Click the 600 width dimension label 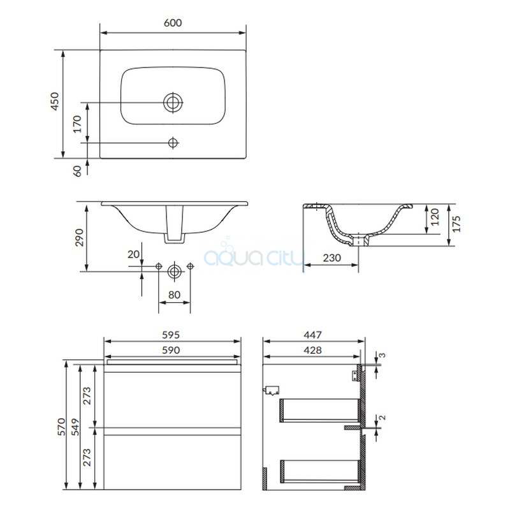point(173,23)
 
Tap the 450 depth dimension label point(55,101)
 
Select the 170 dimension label point(77,124)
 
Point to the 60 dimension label point(77,171)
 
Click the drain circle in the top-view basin point(173,103)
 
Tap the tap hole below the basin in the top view point(173,142)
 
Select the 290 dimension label point(79,237)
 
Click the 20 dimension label point(133,254)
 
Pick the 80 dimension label point(174,295)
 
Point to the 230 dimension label point(331,258)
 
